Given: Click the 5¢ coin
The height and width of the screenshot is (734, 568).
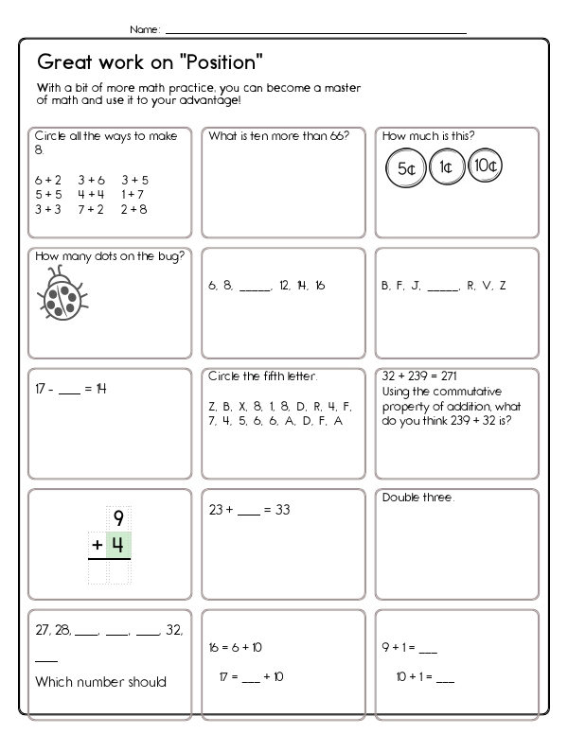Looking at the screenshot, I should coord(404,168).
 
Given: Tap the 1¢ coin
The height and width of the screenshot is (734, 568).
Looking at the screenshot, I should coord(445,168).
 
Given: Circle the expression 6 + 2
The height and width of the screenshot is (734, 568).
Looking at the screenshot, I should coord(48,180).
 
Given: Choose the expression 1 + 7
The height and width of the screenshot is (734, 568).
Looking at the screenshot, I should coord(133,194).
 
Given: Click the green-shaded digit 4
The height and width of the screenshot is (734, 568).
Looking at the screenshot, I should coord(118,546).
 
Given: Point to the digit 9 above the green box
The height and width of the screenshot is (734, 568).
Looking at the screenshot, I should coord(118,518).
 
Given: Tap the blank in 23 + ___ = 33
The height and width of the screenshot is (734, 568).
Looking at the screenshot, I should coord(248,511).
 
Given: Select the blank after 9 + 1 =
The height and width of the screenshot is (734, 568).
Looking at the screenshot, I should coord(428,650).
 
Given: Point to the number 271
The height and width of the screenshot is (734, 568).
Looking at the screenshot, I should coord(448,376).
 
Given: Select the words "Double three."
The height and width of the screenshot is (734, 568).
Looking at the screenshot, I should coord(417,498).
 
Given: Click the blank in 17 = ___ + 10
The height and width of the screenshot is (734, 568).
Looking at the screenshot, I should coord(253,677).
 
